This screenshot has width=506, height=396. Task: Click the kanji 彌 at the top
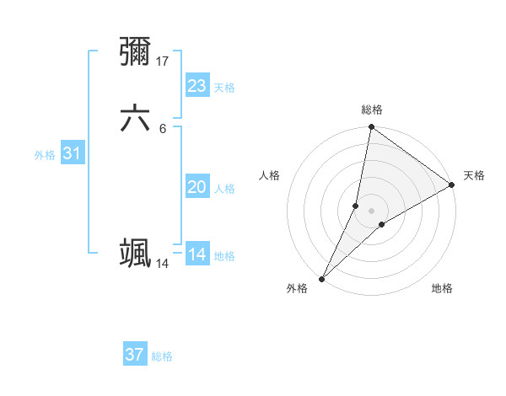[135, 51]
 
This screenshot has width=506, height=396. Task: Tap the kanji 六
[135, 119]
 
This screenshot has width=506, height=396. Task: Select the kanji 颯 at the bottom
[135, 253]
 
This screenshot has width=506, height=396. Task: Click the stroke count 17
[164, 61]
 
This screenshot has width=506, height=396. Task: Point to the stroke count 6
[163, 128]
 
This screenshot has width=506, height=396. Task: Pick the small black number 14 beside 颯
[163, 263]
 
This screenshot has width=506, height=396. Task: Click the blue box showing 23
[197, 86]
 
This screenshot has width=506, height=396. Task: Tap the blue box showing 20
[197, 187]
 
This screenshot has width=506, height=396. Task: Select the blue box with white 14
[197, 254]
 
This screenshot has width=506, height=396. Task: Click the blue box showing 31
[72, 153]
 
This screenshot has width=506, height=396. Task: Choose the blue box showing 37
[135, 355]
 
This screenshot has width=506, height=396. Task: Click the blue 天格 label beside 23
[224, 88]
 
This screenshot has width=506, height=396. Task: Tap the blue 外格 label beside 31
[45, 155]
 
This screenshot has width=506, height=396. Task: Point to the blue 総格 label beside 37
[162, 356]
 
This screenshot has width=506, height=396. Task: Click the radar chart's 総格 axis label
[372, 110]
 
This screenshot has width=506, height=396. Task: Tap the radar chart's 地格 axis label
[442, 289]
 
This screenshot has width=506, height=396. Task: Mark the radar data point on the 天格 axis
[452, 185]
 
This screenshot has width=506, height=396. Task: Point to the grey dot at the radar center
[372, 211]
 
